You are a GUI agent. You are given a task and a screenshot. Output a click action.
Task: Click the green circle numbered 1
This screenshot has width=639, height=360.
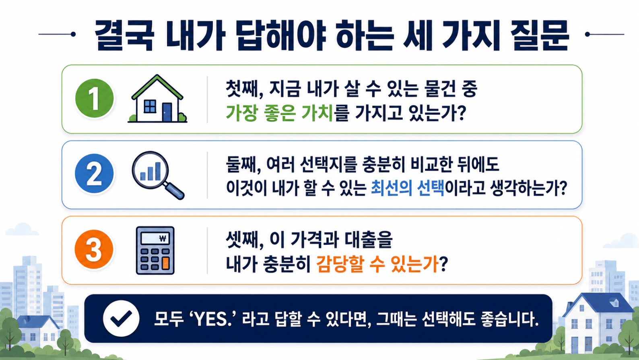click(95, 98)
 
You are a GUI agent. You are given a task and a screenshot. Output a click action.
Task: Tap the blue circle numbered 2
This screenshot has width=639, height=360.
click(94, 173)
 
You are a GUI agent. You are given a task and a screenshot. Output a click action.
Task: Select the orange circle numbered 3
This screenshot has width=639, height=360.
click(94, 249)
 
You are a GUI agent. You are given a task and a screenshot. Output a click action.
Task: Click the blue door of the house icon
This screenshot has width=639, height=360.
click(167, 112)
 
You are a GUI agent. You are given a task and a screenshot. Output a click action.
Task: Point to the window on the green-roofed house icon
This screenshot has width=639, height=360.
click(150, 106)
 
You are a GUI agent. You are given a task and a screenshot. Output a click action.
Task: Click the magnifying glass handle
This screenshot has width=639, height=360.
click(174, 190)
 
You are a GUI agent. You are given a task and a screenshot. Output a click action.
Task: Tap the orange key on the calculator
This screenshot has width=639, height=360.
click(165, 263)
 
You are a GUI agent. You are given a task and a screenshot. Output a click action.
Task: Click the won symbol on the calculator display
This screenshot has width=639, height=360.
click(163, 238)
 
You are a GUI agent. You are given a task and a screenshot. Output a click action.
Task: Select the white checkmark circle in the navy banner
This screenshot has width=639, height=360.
click(121, 318)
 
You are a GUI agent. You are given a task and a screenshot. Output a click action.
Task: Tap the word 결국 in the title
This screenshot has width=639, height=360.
click(124, 36)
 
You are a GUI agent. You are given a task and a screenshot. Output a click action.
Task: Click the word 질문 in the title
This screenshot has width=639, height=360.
click(539, 36)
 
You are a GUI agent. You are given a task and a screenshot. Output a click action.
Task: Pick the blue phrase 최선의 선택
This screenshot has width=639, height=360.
click(407, 188)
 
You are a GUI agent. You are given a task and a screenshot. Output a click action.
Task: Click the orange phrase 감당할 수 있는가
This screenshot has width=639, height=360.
click(377, 264)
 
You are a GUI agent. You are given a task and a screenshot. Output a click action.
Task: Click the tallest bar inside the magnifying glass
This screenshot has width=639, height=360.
click(157, 171)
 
